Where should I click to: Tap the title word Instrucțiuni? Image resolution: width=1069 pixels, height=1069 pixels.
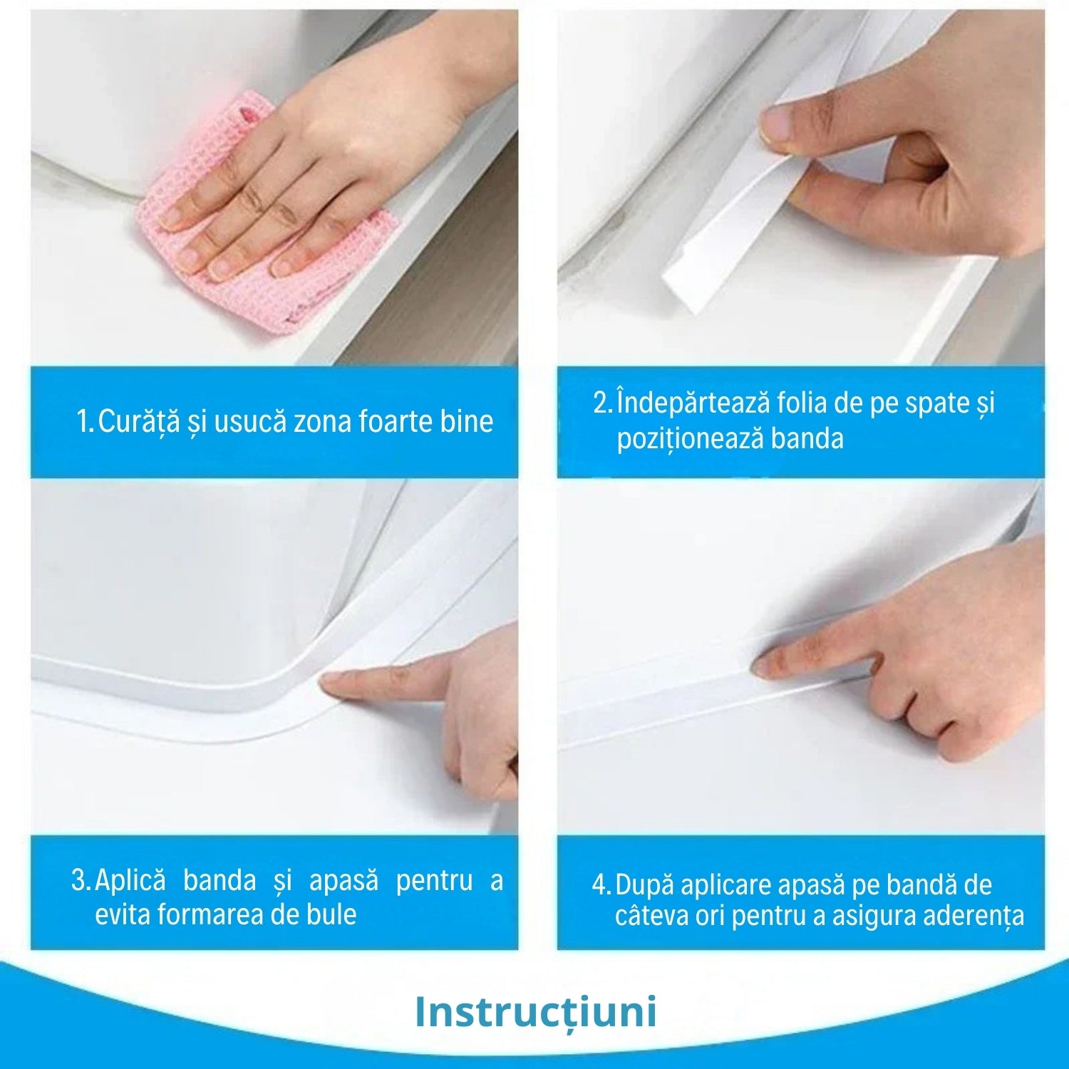[535, 1012]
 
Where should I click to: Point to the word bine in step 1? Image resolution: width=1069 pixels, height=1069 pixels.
[466, 421]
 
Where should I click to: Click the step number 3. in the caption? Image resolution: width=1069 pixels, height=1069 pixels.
[81, 880]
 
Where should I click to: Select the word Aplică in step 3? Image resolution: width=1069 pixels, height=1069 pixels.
[130, 880]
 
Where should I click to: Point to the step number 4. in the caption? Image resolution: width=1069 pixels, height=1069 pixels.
[601, 885]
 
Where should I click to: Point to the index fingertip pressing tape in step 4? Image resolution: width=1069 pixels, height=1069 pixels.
[766, 667]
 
